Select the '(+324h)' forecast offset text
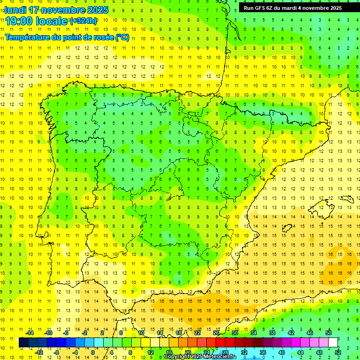coord(83,21)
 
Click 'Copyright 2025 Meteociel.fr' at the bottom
coord(200,357)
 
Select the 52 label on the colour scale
coord(338,352)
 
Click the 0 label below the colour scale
coord(93,352)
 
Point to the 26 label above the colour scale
coord(216,333)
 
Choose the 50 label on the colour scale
coord(329,333)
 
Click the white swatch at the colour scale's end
coord(333,343)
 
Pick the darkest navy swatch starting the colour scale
coord(23,343)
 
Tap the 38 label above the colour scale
coord(272,333)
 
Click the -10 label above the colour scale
coord(48,333)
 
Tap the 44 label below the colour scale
coord(300,352)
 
